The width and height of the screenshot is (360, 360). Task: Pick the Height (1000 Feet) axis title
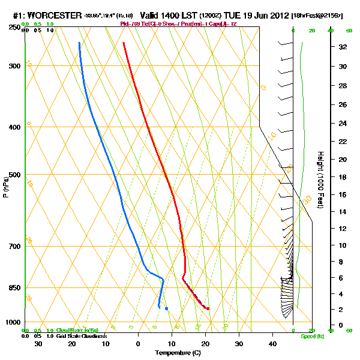coord(321,179)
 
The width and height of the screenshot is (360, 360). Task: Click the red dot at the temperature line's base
coord(208,308)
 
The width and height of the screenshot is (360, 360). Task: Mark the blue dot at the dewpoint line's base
coord(166,308)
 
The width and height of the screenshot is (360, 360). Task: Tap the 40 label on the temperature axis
coord(272,343)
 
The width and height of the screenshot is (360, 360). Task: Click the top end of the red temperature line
coord(123,43)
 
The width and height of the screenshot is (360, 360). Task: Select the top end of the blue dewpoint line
coord(79,43)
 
